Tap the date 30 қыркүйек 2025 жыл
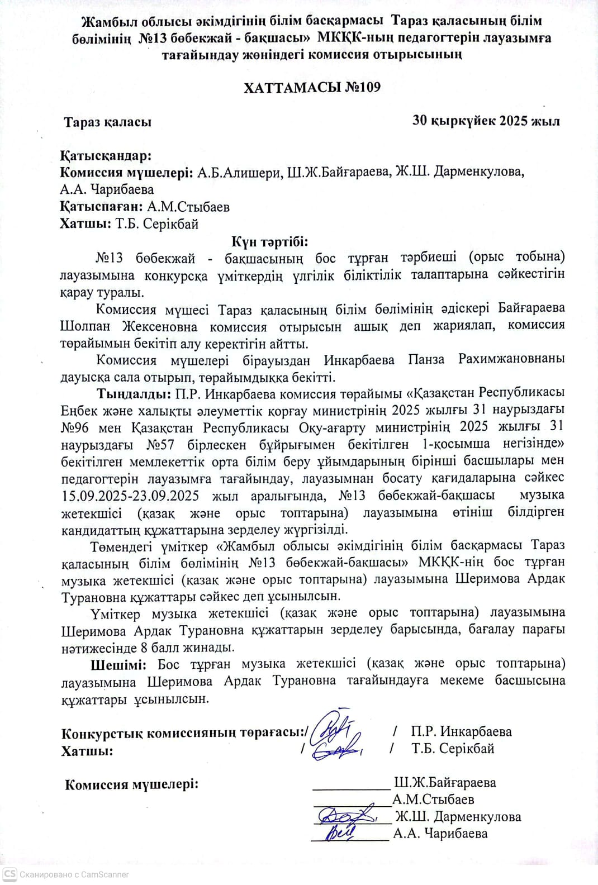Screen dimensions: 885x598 (486, 121)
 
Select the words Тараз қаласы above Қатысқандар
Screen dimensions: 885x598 (107, 122)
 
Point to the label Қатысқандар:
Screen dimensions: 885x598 (106, 155)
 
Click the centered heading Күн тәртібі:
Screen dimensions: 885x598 (270, 241)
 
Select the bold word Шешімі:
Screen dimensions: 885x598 (118, 664)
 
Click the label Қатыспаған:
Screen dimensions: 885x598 (101, 207)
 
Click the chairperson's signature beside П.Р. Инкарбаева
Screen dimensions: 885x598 (333, 726)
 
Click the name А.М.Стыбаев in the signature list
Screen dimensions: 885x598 (433, 800)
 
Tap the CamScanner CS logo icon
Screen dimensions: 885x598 (10, 874)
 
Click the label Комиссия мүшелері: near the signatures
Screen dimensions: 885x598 (131, 784)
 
